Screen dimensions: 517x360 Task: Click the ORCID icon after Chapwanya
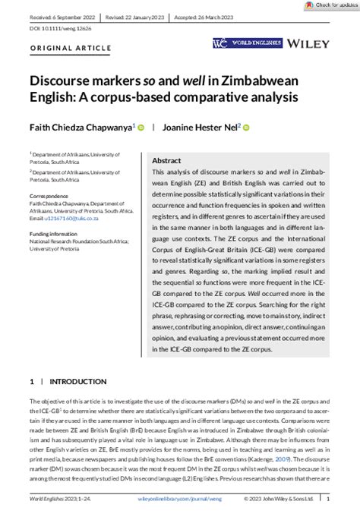point(141,127)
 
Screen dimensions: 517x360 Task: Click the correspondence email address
point(76,219)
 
